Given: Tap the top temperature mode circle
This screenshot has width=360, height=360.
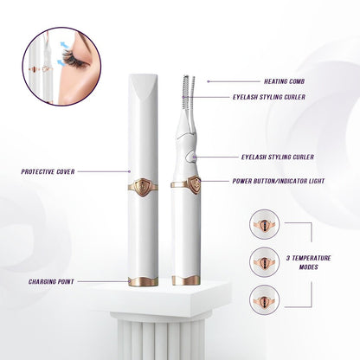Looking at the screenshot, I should pos(263,224).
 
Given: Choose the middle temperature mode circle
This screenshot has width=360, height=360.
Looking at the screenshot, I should pos(263,260).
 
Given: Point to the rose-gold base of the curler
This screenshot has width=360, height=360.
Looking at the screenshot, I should pos(184,280).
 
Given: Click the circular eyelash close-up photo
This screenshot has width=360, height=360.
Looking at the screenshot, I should pos(62,67).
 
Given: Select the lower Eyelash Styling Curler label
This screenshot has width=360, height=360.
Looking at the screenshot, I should pos(278,157).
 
